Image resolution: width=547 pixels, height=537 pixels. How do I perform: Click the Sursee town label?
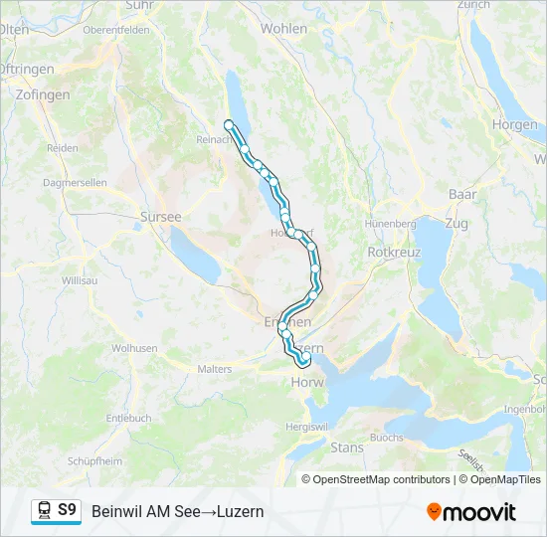(x=161, y=216)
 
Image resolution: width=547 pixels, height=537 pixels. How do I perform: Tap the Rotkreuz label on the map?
(x=395, y=253)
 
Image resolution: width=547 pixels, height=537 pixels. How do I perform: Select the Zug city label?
(x=456, y=224)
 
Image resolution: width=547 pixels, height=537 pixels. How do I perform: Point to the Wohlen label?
(x=283, y=29)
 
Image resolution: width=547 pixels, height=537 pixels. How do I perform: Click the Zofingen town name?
(x=43, y=94)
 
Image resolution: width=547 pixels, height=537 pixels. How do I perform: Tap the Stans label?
(x=347, y=447)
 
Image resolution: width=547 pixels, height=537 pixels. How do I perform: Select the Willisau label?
(x=80, y=281)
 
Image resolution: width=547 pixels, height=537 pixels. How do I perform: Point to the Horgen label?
(x=514, y=125)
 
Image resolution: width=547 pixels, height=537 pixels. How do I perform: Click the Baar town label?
(x=462, y=194)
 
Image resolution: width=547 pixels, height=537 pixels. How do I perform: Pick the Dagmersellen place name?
(x=75, y=184)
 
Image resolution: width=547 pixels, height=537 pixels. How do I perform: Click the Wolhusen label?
(x=134, y=348)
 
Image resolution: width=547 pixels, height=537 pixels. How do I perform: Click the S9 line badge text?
(x=67, y=510)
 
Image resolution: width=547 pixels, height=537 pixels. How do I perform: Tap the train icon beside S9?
(x=45, y=511)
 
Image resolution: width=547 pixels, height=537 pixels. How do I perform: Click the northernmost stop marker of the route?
(x=229, y=124)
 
